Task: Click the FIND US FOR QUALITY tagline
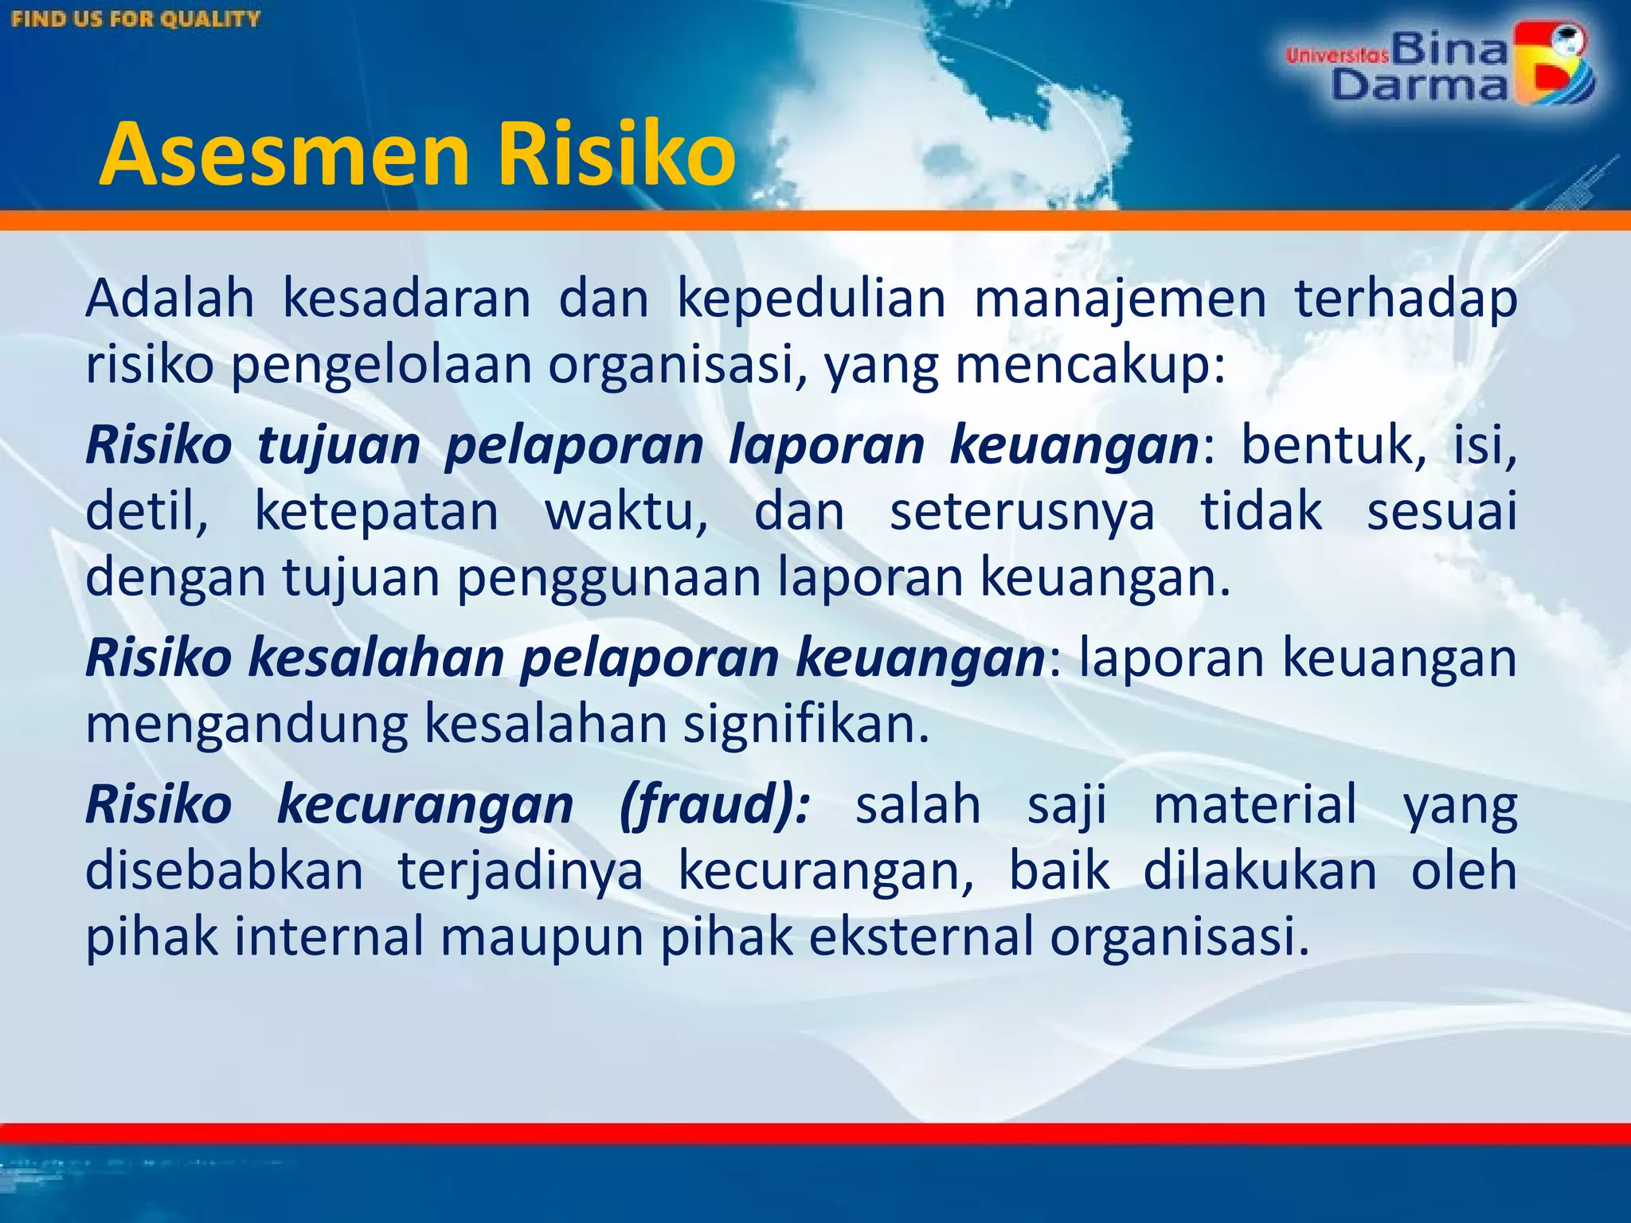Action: [x=136, y=19]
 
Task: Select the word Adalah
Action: [x=170, y=299]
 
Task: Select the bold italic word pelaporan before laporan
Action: [x=573, y=446]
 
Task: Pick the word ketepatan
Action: [x=376, y=511]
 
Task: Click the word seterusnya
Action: [x=1022, y=513]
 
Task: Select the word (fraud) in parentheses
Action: [x=714, y=805]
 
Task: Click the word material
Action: [x=1255, y=803]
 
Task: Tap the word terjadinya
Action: [x=520, y=871]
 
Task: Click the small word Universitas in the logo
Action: [x=1337, y=55]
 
